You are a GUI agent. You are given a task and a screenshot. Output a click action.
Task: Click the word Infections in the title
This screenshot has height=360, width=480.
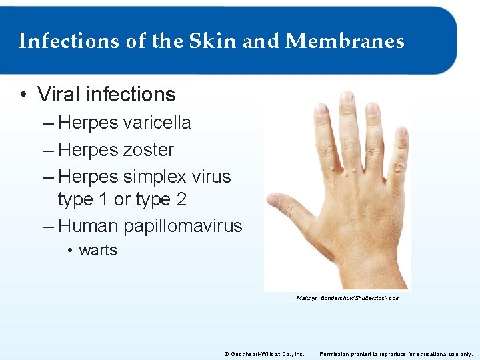point(59,41)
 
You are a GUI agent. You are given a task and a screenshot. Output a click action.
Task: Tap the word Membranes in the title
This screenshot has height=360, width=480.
point(345,41)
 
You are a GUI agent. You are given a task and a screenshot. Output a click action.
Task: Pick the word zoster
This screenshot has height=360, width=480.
point(148,150)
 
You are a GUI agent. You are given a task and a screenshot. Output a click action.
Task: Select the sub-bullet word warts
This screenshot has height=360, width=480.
point(98,250)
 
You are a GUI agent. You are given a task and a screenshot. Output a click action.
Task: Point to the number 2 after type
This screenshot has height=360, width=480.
point(181,199)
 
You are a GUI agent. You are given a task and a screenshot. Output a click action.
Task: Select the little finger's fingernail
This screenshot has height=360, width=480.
point(401,133)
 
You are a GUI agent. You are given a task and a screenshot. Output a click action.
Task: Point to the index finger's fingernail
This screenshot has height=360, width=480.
point(321,109)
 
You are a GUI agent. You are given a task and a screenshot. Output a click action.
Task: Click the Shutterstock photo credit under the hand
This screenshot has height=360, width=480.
point(348,299)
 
